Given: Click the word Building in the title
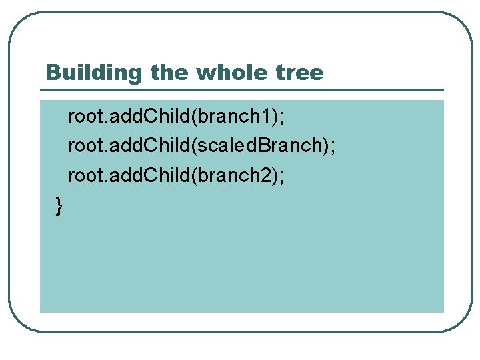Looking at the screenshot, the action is coord(96,72).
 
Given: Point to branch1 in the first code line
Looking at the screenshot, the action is coord(233,117).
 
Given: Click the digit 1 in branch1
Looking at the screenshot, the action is coord(268,117).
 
